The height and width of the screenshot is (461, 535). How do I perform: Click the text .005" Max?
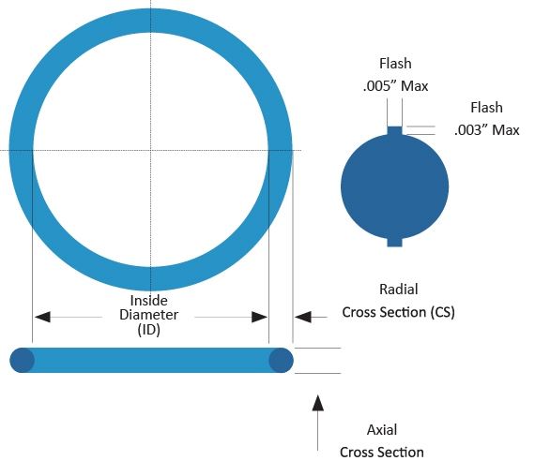394,86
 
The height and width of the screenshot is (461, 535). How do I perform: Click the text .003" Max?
487,129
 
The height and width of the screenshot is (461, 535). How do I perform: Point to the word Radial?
399,290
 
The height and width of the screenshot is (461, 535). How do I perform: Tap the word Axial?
382,430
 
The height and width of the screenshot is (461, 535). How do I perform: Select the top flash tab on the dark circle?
394,130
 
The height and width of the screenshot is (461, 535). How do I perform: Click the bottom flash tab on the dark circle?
394,242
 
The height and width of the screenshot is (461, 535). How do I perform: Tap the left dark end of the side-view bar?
23,360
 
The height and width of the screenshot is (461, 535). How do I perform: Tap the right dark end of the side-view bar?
281,360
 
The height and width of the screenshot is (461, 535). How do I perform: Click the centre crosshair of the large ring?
150,150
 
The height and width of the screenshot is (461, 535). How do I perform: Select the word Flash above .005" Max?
394,64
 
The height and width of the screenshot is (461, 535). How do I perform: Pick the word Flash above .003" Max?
487,108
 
